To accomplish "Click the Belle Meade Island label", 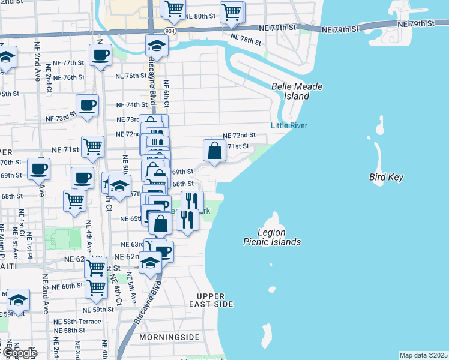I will pos(297,91).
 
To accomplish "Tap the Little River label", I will pos(289,125).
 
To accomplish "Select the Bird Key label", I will pos(386,177).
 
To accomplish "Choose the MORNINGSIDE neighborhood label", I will pos(169,337).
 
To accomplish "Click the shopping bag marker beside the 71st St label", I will pos(215,152).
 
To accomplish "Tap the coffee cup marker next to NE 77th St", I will pos(100,55).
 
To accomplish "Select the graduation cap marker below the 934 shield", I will pos(157,46).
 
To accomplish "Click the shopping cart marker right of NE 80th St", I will pos(231,12).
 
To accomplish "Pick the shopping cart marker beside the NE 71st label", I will pos(93,147).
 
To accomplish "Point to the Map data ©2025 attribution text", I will pos(423,355).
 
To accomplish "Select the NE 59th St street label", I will pos(98,310).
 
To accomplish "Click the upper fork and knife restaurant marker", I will pos(192,201).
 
